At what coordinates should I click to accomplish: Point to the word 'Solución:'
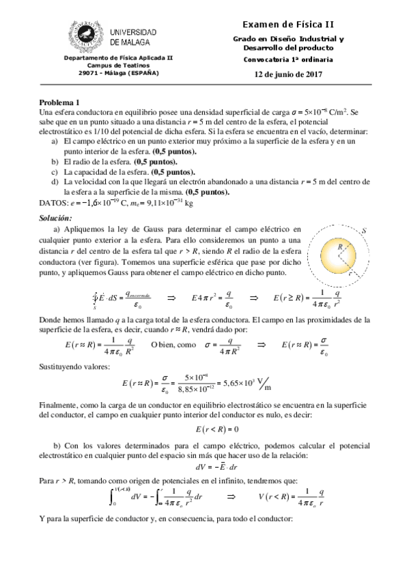click(x=60, y=216)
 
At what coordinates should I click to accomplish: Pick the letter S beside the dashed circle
click(x=365, y=231)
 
